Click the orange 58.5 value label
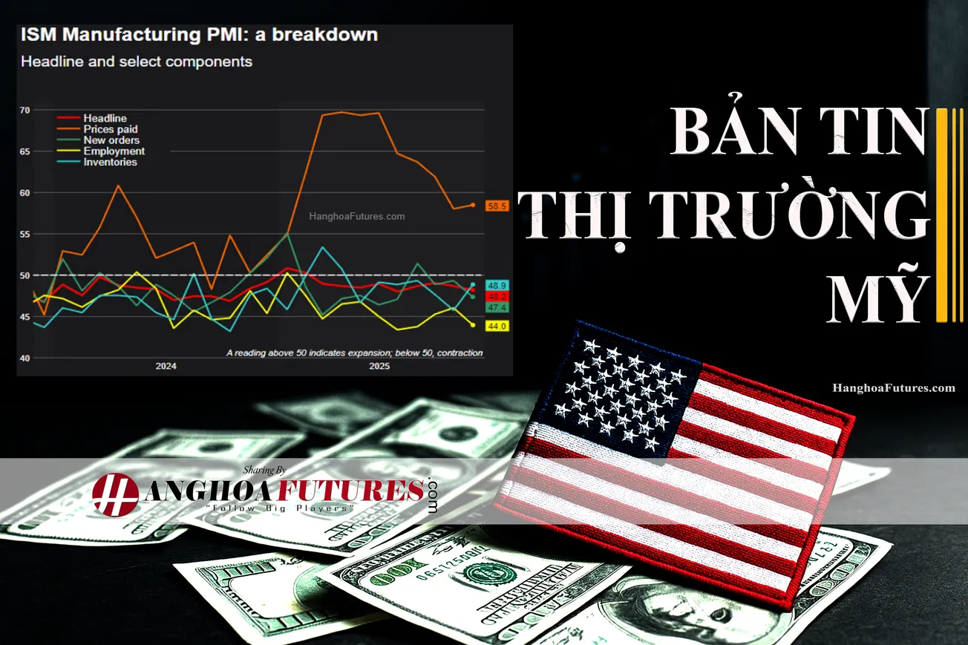coord(497,206)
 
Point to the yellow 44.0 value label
coord(497,326)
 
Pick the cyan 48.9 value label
coord(497,285)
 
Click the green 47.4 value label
coord(497,307)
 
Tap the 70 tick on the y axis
coord(24,111)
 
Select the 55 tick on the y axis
coord(24,235)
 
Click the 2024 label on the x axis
coord(166,367)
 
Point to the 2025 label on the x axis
coord(379,367)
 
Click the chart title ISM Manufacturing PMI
coord(199,35)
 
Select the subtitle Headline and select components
coord(137,62)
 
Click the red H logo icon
coord(115,494)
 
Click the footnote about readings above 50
coord(354,353)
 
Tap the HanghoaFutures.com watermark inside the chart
coord(356,217)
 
